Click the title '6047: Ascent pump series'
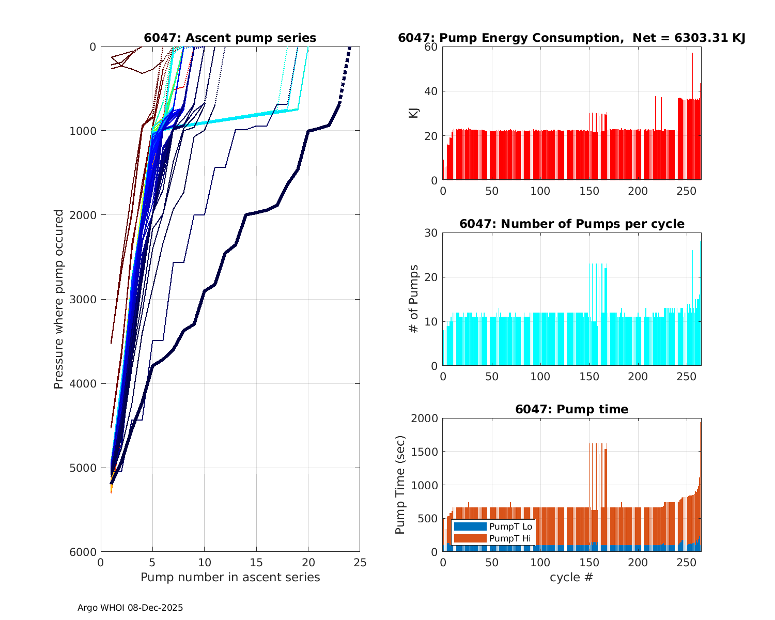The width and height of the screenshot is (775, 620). [x=230, y=38]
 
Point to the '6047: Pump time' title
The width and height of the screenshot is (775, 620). [x=571, y=409]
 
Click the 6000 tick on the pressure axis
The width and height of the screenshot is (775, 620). [x=85, y=552]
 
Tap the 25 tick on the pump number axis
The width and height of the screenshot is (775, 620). [x=360, y=563]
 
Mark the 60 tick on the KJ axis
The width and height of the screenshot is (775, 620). [x=431, y=47]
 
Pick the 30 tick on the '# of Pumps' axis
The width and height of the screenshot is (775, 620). [x=431, y=233]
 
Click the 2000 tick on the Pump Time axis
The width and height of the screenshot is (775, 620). [x=424, y=419]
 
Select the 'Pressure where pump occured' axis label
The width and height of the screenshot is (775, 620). [x=59, y=299]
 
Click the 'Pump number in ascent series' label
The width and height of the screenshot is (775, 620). [x=230, y=577]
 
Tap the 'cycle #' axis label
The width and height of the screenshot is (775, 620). [x=571, y=577]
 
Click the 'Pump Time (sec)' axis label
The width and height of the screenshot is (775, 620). [x=400, y=485]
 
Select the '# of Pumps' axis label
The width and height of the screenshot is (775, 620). [x=414, y=299]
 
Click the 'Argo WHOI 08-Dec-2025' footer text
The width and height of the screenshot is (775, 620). [x=130, y=608]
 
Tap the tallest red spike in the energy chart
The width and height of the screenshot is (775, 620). [x=693, y=54]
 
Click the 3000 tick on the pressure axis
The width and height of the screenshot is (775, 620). [x=85, y=299]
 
